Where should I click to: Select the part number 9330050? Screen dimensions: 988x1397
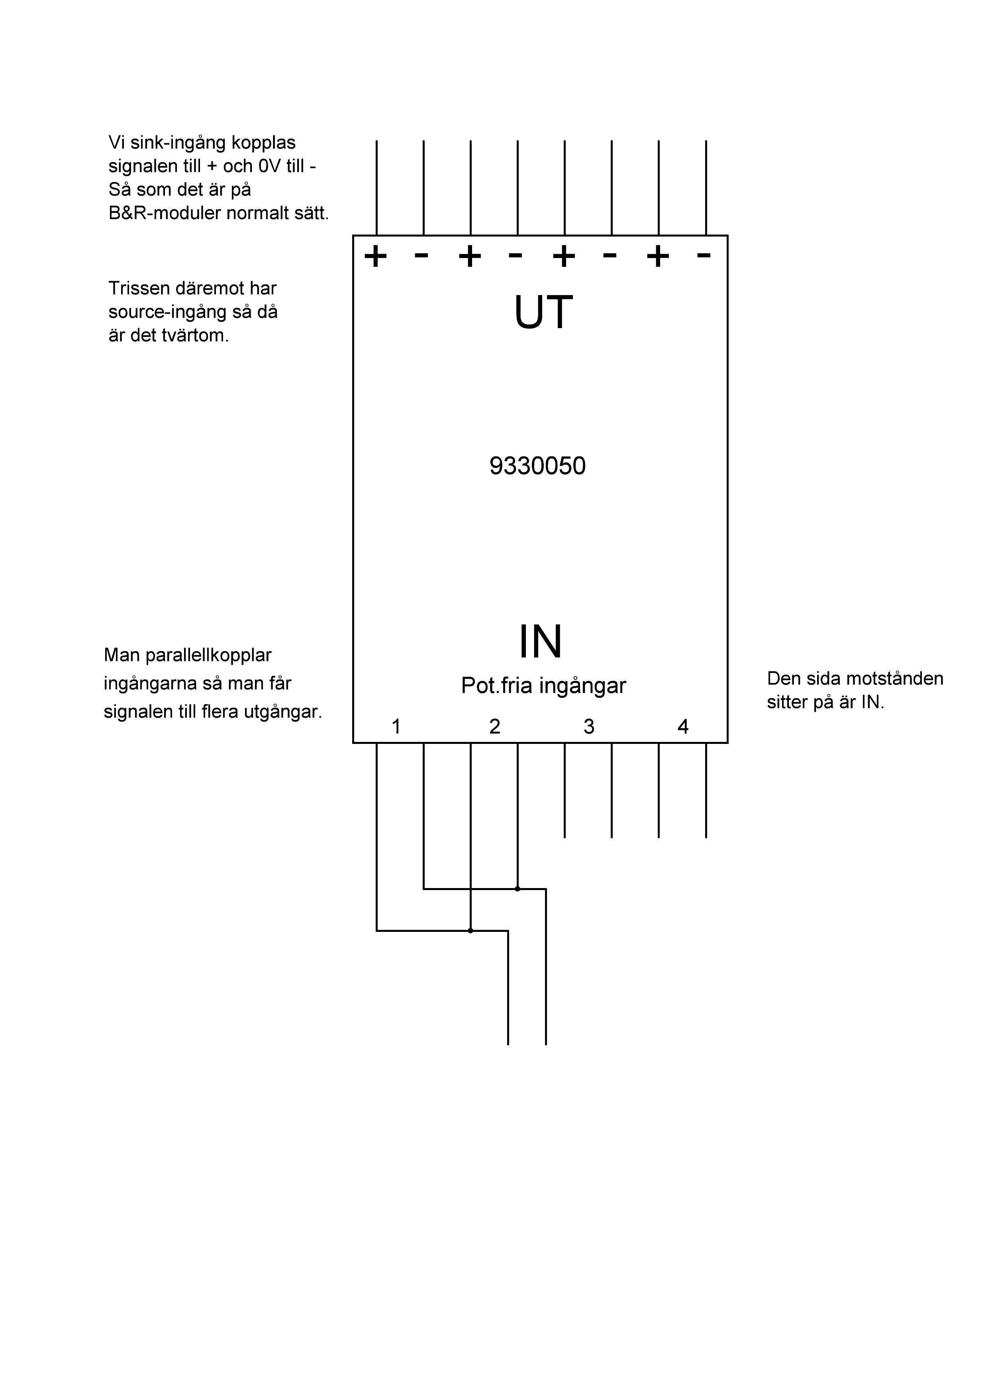(537, 466)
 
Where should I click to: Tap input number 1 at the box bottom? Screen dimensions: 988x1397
(396, 726)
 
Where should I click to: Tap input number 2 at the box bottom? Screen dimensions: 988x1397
(495, 726)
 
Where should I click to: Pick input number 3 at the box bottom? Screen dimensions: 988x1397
(589, 726)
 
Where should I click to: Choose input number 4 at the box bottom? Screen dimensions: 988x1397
(683, 726)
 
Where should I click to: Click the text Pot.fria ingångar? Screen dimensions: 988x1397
(544, 686)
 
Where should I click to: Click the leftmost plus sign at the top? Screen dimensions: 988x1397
(376, 256)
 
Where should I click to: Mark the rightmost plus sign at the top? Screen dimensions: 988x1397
(658, 256)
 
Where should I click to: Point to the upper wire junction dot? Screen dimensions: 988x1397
(518, 889)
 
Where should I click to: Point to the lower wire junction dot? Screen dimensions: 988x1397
(470, 930)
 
